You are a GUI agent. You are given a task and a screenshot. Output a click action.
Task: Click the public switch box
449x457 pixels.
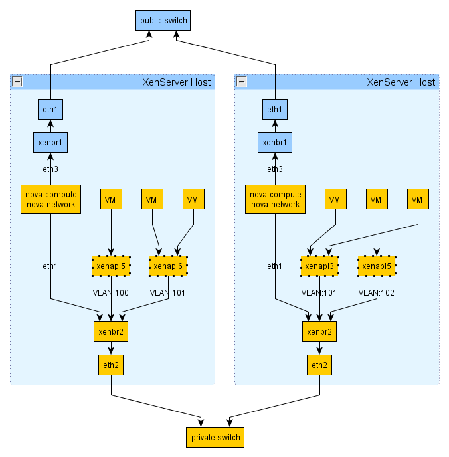coord(163,21)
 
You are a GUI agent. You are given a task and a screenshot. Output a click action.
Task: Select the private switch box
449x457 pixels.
coord(215,438)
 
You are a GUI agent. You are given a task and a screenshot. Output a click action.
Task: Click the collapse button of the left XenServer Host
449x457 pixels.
coord(17,82)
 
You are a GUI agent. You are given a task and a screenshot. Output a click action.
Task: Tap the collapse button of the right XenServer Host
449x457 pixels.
coord(242,82)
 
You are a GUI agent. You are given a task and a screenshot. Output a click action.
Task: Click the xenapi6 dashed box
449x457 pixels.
coord(169,266)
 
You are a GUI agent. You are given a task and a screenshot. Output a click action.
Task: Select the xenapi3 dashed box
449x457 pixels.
coord(320,266)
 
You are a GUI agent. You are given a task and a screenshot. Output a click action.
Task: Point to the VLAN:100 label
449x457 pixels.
coord(110,292)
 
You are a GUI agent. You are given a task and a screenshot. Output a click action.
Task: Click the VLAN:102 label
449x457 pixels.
coord(377,292)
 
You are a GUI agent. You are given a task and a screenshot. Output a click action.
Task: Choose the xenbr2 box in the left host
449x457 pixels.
coord(110,331)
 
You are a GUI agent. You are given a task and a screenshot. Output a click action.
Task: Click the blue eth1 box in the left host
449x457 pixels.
coord(50,110)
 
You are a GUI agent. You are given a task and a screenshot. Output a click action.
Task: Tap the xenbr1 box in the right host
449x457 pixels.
coord(274,142)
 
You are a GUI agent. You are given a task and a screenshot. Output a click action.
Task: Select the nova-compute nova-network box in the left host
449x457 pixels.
coord(50,199)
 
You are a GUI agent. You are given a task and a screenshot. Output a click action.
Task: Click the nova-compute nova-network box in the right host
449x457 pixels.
coord(274,199)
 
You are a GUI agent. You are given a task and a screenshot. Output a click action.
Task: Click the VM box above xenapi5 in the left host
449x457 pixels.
coord(110,199)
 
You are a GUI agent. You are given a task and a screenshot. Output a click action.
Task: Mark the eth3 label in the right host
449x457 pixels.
coord(274,169)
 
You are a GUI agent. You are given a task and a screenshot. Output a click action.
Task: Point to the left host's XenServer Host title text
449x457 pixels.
coord(177,82)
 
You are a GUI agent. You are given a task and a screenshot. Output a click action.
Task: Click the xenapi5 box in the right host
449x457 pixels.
coord(377,266)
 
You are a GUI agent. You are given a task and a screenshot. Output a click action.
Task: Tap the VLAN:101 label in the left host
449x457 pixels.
coord(169,292)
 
